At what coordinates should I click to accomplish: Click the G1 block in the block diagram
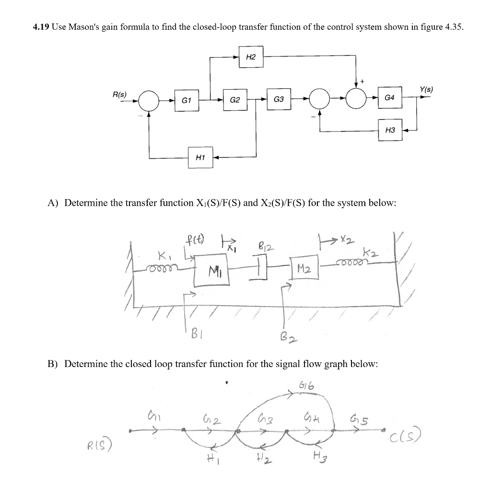[x=187, y=101]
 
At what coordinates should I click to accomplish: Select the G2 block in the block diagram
[x=235, y=101]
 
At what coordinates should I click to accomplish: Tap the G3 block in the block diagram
[x=279, y=100]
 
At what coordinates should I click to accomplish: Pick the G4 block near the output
[x=390, y=98]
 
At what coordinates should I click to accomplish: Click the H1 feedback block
[x=200, y=156]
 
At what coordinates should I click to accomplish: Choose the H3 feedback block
[x=390, y=130]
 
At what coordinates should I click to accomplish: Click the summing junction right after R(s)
[x=149, y=101]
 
